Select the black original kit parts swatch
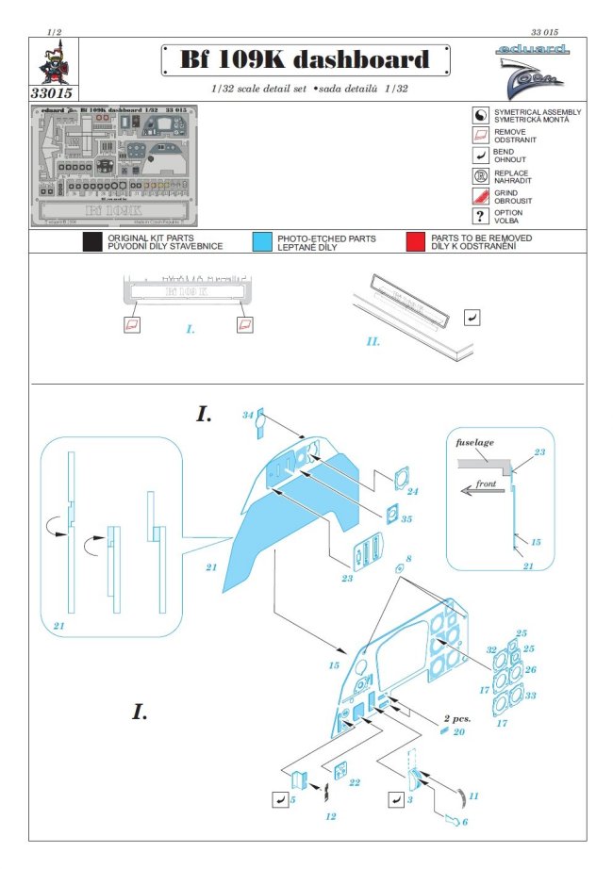coord(91,242)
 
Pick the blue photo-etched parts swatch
coord(263,242)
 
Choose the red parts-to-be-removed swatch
coord(414,242)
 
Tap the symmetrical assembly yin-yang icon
coord(479,115)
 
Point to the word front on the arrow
coord(486,484)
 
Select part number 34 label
coord(248,415)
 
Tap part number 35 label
coord(406,518)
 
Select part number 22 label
coord(354,782)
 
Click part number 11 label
coord(473,795)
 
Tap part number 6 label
coord(464,822)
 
